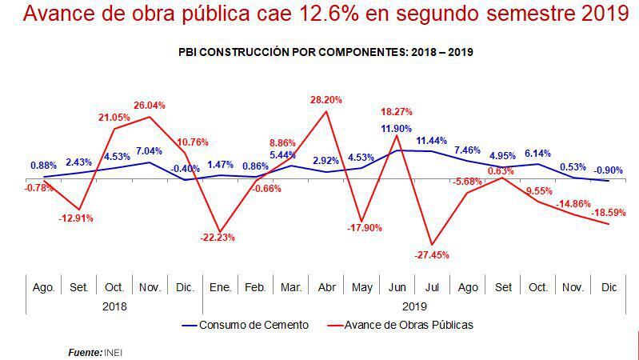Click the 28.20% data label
coord(326,100)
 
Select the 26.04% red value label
coord(150,105)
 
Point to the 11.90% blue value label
coord(397,129)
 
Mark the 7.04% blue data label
coord(149,150)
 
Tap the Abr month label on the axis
coord(326,286)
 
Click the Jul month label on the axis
coord(432,286)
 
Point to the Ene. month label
coord(220,286)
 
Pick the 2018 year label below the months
coord(114,306)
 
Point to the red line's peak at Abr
coord(326,111)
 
